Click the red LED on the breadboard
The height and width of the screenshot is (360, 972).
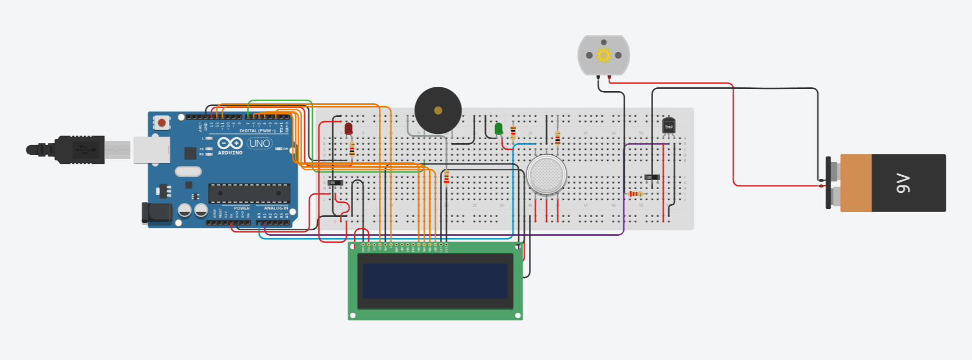348,129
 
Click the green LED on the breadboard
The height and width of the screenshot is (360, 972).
498,129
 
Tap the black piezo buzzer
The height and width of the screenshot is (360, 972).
438,110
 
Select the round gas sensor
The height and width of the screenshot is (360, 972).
546,175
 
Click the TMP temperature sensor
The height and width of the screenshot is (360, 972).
668,126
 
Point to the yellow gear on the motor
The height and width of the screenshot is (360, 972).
604,55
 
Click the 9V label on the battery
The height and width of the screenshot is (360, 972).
903,183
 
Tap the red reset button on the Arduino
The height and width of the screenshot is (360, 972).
161,123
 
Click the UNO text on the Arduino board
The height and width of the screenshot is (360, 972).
260,144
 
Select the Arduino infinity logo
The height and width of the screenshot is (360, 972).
230,144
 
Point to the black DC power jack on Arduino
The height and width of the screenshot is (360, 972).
156,213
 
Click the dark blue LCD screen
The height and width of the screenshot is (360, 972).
435,281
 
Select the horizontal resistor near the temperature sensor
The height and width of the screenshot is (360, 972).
635,193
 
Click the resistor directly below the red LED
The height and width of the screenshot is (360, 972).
352,149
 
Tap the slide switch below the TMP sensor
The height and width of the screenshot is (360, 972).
652,177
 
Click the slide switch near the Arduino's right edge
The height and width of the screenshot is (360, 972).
335,183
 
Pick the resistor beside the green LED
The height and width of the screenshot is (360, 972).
513,131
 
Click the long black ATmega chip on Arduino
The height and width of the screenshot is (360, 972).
249,193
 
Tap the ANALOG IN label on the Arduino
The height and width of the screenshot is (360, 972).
276,208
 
